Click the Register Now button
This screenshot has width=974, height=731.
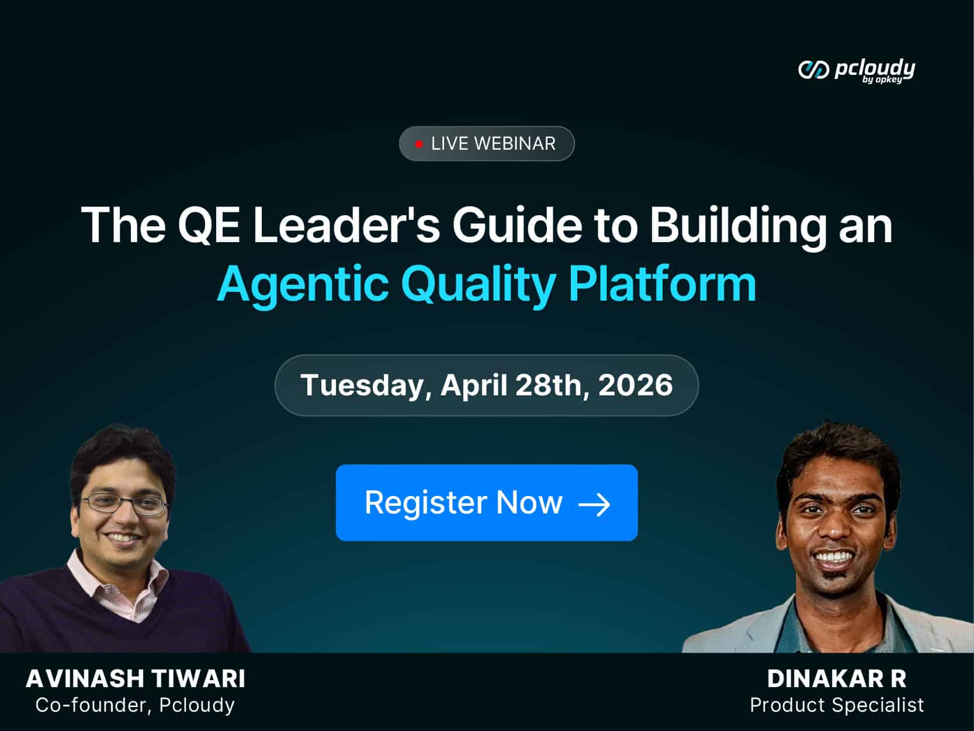(486, 502)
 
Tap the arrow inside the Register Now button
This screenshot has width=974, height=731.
(594, 504)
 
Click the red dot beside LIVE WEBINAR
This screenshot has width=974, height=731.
(419, 144)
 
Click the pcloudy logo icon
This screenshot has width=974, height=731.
(813, 70)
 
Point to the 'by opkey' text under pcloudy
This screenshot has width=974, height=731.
(882, 80)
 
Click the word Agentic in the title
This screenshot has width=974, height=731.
(303, 284)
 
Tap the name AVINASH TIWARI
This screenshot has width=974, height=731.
(136, 679)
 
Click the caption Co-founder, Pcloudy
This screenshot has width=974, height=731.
(135, 705)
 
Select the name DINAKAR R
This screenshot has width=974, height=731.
(837, 679)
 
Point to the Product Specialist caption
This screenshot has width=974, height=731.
(837, 705)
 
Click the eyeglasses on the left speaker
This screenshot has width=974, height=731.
(124, 504)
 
